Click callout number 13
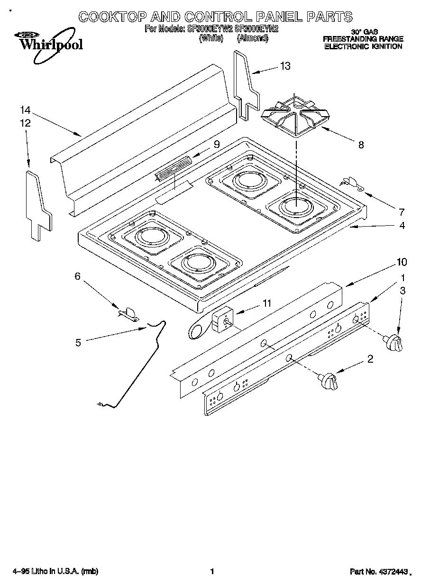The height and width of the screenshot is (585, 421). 285,66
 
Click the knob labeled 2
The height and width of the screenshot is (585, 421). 330,380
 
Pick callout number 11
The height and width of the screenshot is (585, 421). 267,303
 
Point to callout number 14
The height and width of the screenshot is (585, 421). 25,110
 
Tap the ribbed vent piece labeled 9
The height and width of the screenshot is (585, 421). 174,167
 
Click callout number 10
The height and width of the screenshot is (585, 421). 402,261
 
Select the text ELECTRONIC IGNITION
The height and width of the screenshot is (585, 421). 363,47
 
